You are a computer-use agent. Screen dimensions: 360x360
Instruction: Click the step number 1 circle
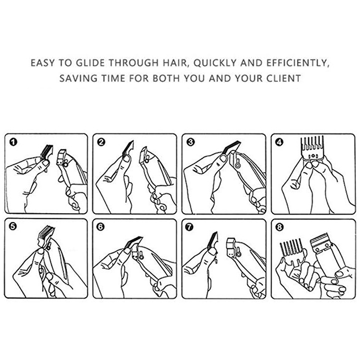(13, 142)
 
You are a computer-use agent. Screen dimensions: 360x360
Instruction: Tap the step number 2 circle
(101, 142)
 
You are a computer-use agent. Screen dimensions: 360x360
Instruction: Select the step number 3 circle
(190, 142)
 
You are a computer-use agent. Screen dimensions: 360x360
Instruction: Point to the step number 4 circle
(279, 142)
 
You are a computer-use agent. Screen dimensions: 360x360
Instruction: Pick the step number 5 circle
(13, 227)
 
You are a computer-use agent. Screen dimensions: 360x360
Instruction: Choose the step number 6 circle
(101, 227)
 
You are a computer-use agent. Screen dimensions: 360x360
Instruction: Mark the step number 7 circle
(189, 227)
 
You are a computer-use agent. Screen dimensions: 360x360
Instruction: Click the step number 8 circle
(279, 227)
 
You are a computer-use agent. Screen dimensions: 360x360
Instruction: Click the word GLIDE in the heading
(90, 63)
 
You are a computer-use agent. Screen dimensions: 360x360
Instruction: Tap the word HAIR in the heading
(175, 63)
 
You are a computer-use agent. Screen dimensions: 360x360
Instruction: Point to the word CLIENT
(283, 78)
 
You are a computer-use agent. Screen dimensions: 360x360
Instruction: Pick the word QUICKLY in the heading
(215, 63)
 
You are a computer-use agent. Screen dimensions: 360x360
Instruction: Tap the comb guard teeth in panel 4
(312, 145)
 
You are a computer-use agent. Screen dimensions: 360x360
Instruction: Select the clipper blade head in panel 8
(321, 243)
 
